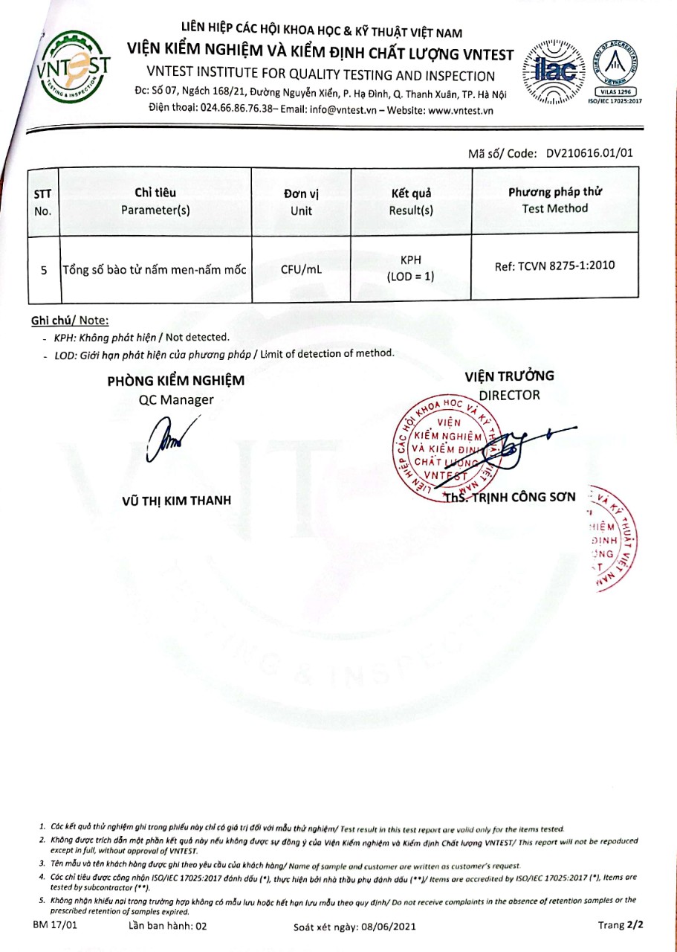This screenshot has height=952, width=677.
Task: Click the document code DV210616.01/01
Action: [x=589, y=154]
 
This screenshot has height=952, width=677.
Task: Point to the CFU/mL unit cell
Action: [x=301, y=269]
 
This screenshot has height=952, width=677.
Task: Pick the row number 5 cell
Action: [x=43, y=270]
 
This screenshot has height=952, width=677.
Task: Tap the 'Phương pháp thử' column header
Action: [x=554, y=200]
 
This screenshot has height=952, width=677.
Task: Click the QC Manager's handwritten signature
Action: [x=168, y=440]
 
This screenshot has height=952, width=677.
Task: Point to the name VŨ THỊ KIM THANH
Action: [x=176, y=501]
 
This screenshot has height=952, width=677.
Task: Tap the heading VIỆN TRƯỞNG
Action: [x=509, y=376]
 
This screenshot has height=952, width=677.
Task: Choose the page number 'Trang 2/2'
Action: [x=619, y=924]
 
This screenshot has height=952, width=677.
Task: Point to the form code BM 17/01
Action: [x=54, y=924]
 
